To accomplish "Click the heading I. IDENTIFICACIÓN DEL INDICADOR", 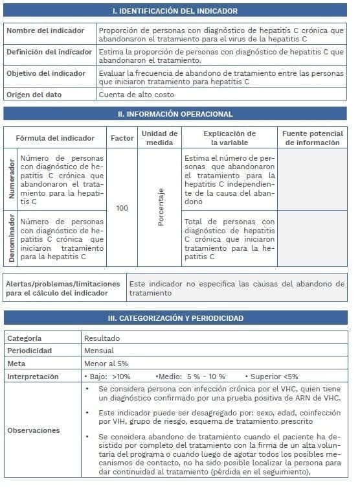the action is click(175, 11).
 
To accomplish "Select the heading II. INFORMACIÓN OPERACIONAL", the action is click(175, 114).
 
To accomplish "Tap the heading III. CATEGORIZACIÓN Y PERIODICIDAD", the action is click(175, 318).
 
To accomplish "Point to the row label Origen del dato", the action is click(34, 95).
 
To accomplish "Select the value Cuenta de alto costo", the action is click(136, 95).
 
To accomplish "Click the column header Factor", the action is click(122, 138).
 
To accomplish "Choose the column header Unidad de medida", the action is click(159, 138).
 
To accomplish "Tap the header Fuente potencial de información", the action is click(313, 138).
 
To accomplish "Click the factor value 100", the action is click(122, 208).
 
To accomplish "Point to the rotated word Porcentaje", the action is click(161, 207).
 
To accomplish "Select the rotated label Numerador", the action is click(10, 180).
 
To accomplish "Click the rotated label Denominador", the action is click(10, 238).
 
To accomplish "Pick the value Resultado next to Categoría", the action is click(102, 338).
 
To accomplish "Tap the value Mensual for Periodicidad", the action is click(99, 351).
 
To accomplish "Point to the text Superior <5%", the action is click(274, 377).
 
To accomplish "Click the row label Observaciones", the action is click(34, 430).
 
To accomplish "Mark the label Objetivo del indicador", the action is click(46, 73).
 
